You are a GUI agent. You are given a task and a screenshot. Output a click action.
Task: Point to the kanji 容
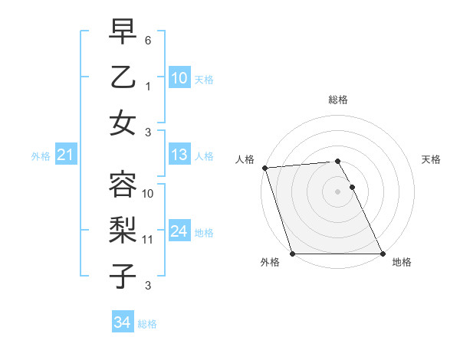(123, 184)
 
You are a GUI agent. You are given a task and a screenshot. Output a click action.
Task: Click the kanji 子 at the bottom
(123, 276)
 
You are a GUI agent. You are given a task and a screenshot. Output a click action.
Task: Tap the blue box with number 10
(179, 78)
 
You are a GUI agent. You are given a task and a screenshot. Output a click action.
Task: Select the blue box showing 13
(179, 155)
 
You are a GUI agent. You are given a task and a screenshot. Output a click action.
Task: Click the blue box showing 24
(179, 231)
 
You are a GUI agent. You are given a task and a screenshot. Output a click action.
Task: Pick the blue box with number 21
(65, 155)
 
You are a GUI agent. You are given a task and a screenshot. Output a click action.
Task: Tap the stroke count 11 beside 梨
(148, 240)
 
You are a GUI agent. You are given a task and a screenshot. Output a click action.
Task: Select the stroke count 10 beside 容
(148, 193)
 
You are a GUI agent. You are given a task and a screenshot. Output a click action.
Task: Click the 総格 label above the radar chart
(337, 100)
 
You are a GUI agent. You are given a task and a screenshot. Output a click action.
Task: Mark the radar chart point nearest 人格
(264, 168)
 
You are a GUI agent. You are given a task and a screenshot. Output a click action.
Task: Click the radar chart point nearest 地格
(383, 254)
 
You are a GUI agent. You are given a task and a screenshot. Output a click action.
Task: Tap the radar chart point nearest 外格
(292, 254)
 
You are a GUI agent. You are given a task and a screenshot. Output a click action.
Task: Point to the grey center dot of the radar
(337, 191)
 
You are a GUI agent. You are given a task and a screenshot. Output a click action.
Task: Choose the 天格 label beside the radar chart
(431, 159)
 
